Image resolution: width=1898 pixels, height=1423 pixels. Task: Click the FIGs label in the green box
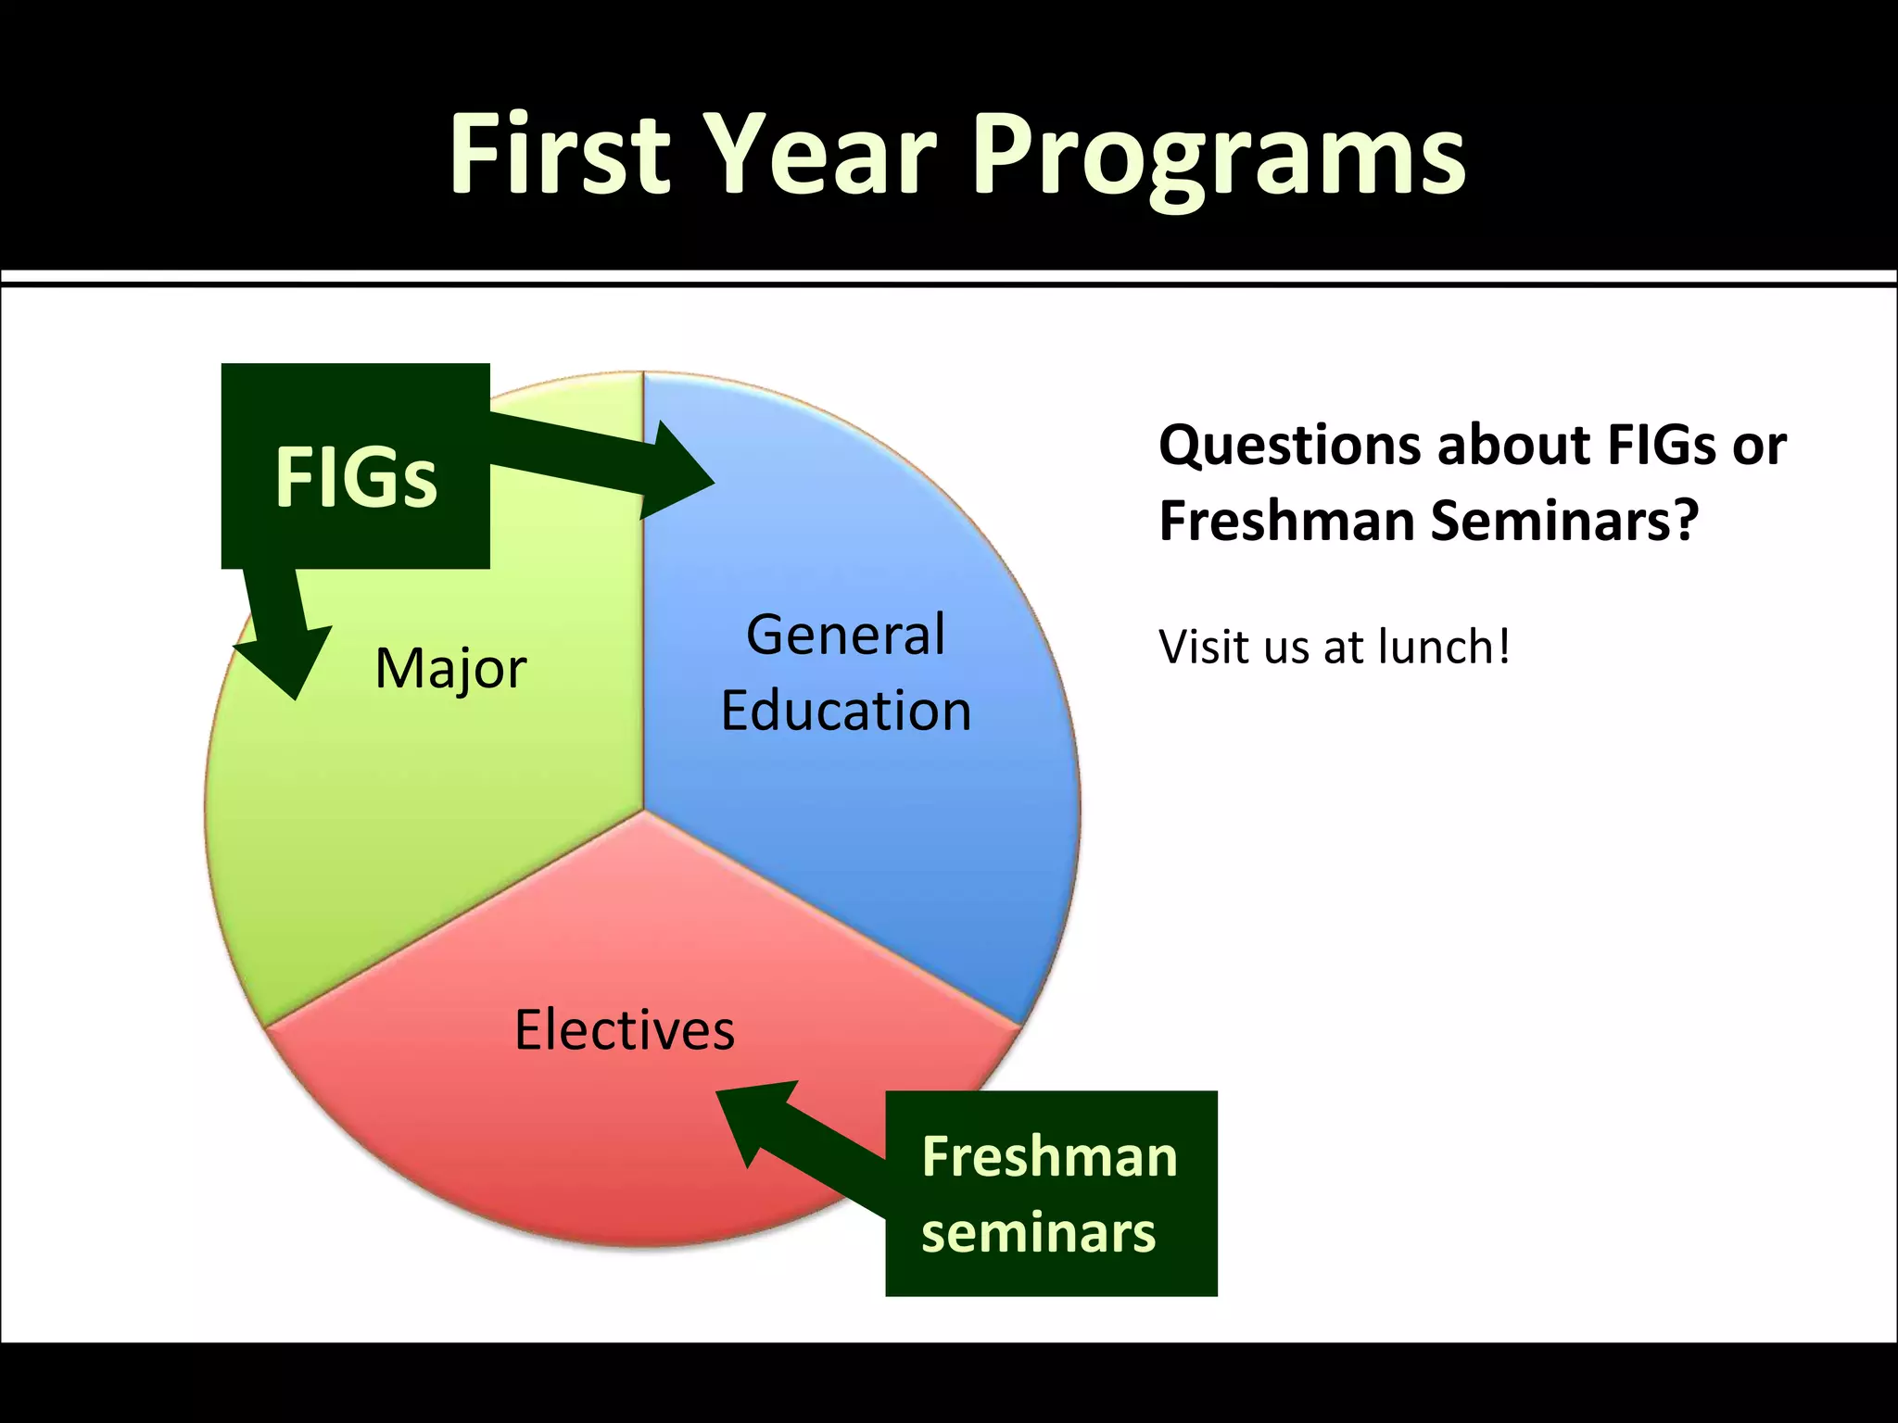[x=356, y=477]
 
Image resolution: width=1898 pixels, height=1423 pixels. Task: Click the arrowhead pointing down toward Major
[x=285, y=660]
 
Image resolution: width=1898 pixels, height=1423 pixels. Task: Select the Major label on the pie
[x=450, y=669]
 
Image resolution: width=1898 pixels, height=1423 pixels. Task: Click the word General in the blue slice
[x=845, y=636]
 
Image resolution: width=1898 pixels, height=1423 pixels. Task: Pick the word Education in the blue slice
[x=845, y=711]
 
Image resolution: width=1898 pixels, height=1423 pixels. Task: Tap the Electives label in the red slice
[x=625, y=1030]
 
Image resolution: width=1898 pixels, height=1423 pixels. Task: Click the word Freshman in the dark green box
[x=1049, y=1157]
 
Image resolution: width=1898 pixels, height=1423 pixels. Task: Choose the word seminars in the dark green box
[x=1038, y=1233]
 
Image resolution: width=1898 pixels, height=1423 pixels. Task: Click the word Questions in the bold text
[x=1289, y=447]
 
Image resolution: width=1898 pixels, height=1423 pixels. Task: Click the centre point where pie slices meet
[x=643, y=810]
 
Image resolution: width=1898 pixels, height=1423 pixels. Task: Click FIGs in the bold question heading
[x=1661, y=445]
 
